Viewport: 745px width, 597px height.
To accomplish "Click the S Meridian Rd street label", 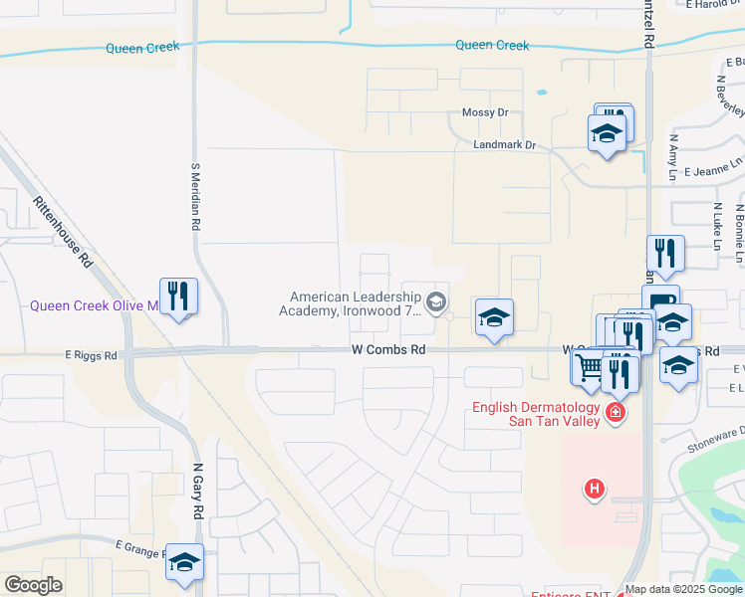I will coord(195,200).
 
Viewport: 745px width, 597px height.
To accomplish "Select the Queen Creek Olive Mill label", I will coord(95,305).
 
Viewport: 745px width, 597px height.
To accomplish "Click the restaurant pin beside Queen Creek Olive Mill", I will coord(178,297).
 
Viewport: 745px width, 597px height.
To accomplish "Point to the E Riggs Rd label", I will coord(91,354).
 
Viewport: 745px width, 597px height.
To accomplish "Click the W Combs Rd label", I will coord(388,349).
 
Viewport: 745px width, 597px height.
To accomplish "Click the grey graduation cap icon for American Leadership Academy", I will coord(435,300).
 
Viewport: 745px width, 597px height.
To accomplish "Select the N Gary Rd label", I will coord(197,493).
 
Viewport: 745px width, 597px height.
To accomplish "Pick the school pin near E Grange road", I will coord(184,563).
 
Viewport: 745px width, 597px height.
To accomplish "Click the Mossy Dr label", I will coord(485,113).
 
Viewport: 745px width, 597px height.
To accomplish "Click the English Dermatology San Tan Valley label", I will coord(535,413).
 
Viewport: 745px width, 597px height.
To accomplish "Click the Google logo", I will coord(33,585).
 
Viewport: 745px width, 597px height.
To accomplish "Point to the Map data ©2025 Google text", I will coord(683,589).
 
